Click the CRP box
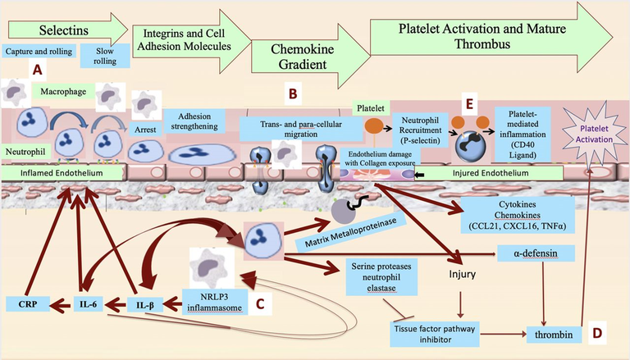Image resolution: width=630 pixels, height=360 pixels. pyautogui.click(x=28, y=304)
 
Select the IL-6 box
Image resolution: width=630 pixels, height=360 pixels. pyautogui.click(x=88, y=304)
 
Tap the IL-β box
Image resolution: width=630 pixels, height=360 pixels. pyautogui.click(x=145, y=305)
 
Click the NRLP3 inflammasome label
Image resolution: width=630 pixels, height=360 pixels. pyautogui.click(x=214, y=302)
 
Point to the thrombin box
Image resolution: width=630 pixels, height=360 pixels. pyautogui.click(x=554, y=335)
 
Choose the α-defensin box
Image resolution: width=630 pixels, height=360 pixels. pyautogui.click(x=536, y=253)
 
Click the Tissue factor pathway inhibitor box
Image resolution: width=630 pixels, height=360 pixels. pyautogui.click(x=435, y=334)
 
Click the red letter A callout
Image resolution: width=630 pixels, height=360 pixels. pyautogui.click(x=37, y=70)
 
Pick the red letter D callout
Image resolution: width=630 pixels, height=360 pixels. pyautogui.click(x=597, y=333)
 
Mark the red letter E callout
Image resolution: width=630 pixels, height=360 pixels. pyautogui.click(x=469, y=104)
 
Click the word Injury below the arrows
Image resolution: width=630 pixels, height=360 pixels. pyautogui.click(x=462, y=275)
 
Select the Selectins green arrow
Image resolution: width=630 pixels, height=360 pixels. pyautogui.click(x=67, y=30)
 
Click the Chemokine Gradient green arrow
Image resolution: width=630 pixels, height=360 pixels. pyautogui.click(x=310, y=57)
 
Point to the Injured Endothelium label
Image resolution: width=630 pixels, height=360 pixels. pyautogui.click(x=491, y=173)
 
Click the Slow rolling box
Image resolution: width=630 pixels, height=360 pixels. pyautogui.click(x=105, y=56)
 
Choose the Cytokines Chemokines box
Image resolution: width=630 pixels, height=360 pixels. pyautogui.click(x=517, y=215)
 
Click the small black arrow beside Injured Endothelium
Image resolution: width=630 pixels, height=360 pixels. pyautogui.click(x=420, y=175)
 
